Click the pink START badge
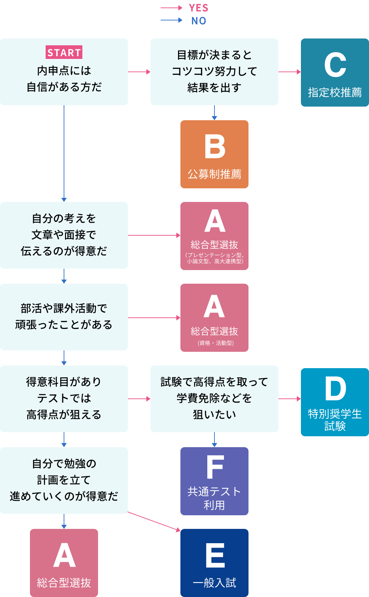pyautogui.click(x=64, y=52)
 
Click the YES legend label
pyautogui.click(x=198, y=8)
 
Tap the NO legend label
pyautogui.click(x=199, y=21)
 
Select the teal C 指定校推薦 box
pyautogui.click(x=335, y=73)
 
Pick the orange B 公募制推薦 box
pyautogui.click(x=214, y=154)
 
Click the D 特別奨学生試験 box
pyautogui.click(x=335, y=402)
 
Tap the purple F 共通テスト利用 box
pyautogui.click(x=214, y=481)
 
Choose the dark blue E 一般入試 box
pyautogui.click(x=214, y=563)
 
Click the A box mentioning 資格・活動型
pyautogui.click(x=214, y=318)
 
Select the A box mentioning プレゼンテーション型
pyautogui.click(x=214, y=236)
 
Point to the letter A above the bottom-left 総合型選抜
pyautogui.click(x=64, y=555)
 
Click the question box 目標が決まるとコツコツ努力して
pyautogui.click(x=214, y=72)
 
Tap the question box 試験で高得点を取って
pyautogui.click(x=214, y=399)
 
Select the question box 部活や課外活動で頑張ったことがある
pyautogui.click(x=64, y=317)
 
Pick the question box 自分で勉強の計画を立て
pyautogui.click(x=64, y=481)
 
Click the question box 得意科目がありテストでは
pyautogui.click(x=64, y=399)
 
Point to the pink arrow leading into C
pyautogui.click(x=289, y=72)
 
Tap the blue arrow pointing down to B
pyautogui.click(x=214, y=113)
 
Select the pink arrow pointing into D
pyautogui.click(x=289, y=399)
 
